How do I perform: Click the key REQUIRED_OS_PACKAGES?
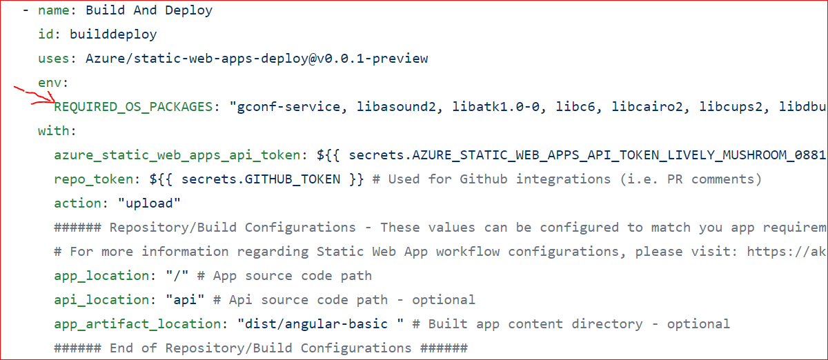(133, 107)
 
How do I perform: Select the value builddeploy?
(113, 34)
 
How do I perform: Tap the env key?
(50, 83)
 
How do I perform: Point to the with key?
(54, 130)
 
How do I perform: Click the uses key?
(54, 59)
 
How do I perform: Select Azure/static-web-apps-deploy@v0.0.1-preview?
(257, 59)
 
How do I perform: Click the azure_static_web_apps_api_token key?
(177, 155)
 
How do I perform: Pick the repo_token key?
(94, 179)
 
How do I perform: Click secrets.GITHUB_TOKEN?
(261, 179)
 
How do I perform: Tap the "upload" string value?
(149, 203)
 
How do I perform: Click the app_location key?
(101, 276)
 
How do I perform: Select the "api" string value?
(185, 300)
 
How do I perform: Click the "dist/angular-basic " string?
(320, 324)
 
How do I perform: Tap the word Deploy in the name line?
(189, 10)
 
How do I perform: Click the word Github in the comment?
(484, 179)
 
